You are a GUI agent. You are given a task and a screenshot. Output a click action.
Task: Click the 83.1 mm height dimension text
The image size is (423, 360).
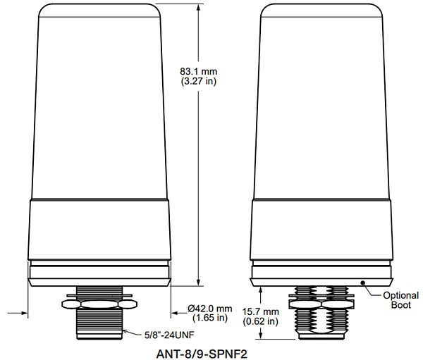coord(198,71)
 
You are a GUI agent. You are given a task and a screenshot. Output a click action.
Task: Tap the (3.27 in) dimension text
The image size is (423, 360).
coord(198,81)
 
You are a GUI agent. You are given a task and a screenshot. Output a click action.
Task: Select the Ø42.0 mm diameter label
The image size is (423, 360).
coord(210,309)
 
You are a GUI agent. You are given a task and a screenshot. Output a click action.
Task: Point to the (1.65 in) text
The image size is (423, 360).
coord(210,318)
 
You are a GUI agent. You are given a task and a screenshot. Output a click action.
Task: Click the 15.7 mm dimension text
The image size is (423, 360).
coord(260,311)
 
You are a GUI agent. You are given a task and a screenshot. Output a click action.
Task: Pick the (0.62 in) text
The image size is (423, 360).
coord(260,321)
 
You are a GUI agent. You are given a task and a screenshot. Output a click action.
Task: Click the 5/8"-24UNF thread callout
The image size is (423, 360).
coord(169,335)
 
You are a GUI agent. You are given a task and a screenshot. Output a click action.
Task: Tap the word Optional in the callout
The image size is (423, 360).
coord(401,296)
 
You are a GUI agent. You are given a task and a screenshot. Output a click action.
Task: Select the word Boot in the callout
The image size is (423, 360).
coord(401,305)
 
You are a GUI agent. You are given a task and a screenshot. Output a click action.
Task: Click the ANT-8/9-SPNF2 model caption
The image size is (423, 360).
coord(202,354)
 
